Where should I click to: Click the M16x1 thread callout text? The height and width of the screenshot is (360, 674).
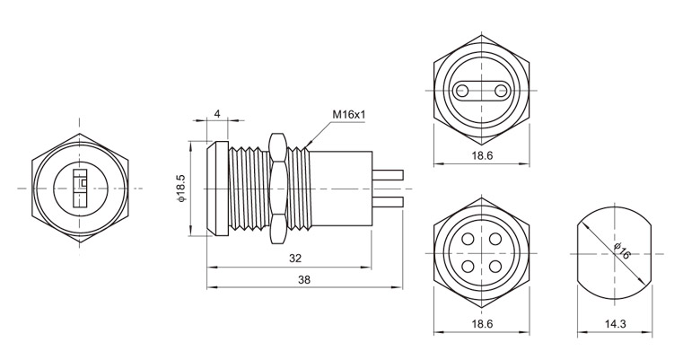(x=350, y=115)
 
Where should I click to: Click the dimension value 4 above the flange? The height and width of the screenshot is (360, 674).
(x=218, y=114)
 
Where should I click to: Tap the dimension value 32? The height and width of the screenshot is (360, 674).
(x=294, y=257)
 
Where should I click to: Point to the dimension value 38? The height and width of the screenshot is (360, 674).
(x=303, y=280)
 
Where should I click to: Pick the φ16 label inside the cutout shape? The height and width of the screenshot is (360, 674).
(x=620, y=251)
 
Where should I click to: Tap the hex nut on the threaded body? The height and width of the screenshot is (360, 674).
(x=278, y=189)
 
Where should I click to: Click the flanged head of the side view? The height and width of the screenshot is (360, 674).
(x=215, y=189)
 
